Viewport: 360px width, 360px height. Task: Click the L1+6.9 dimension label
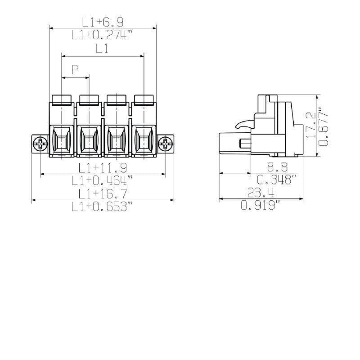pyautogui.click(x=102, y=22)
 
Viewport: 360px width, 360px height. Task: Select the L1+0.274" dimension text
pyautogui.click(x=102, y=35)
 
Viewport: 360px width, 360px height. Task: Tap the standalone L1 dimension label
pyautogui.click(x=102, y=49)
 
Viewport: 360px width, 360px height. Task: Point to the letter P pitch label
pyautogui.click(x=75, y=70)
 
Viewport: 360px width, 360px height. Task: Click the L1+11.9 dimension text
pyautogui.click(x=102, y=168)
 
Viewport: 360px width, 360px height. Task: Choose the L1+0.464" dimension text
pyautogui.click(x=102, y=180)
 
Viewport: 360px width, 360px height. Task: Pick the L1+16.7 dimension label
pyautogui.click(x=102, y=193)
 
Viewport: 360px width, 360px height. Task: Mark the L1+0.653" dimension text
pyautogui.click(x=102, y=207)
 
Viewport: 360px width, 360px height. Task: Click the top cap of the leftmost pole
pyautogui.click(x=62, y=99)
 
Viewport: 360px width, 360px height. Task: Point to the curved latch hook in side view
pyautogui.click(x=243, y=123)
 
